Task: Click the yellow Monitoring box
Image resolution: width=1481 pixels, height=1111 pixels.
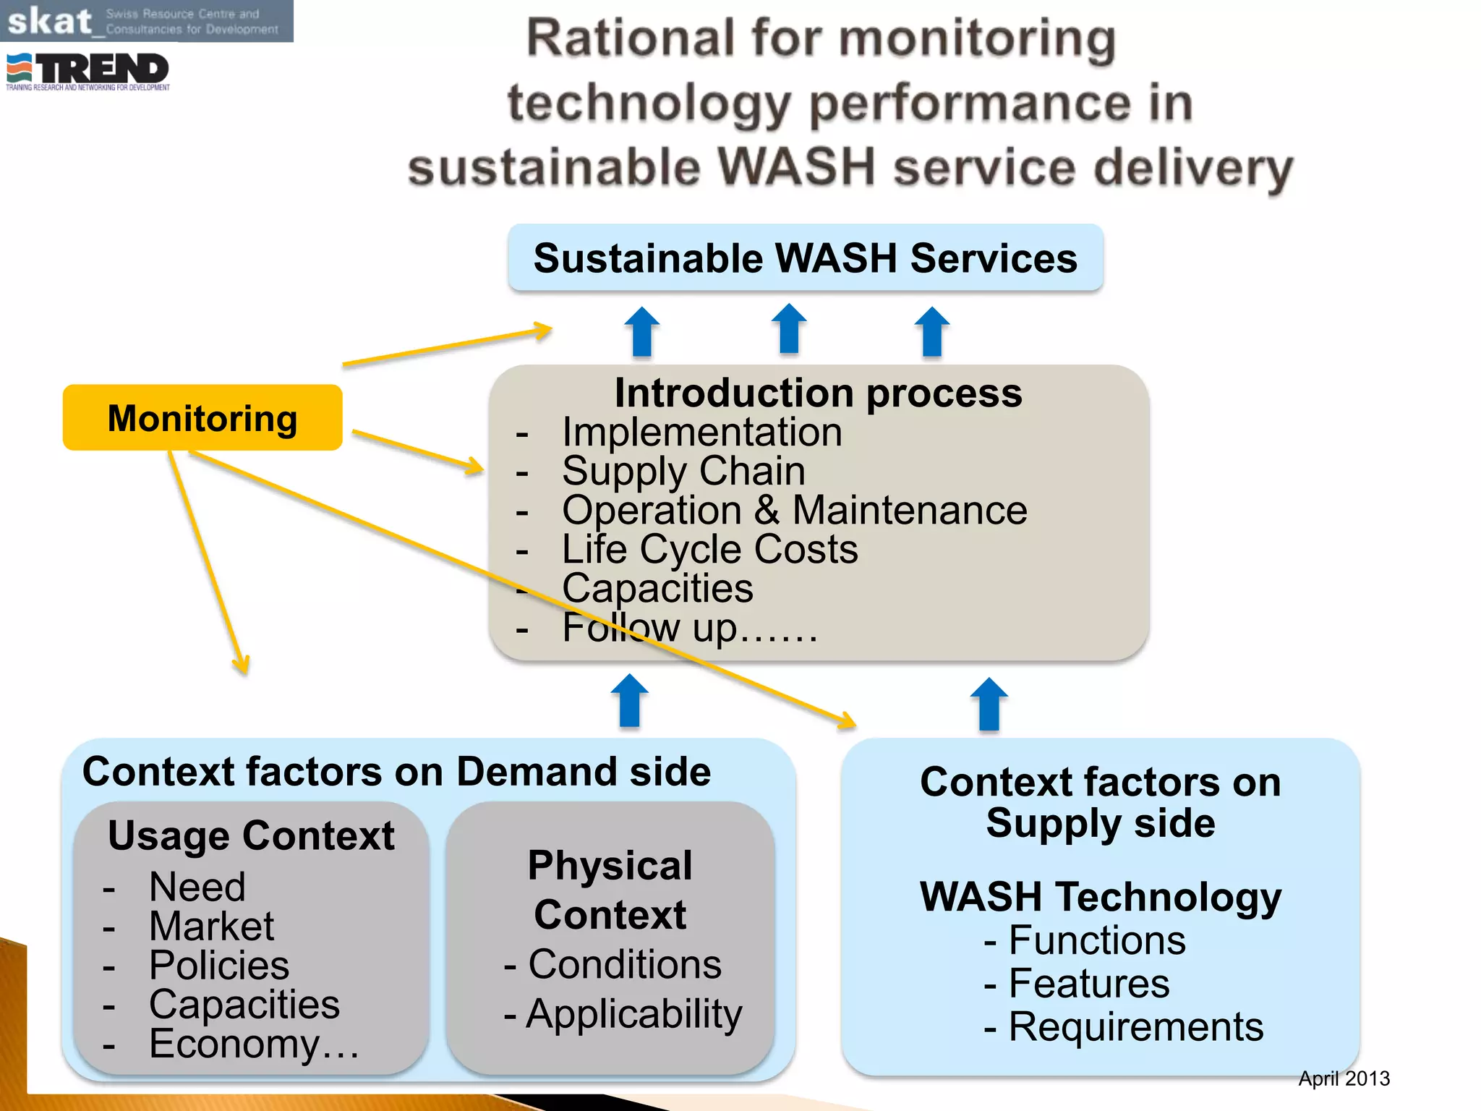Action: (x=202, y=418)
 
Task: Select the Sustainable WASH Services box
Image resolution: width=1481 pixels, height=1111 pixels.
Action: (x=805, y=258)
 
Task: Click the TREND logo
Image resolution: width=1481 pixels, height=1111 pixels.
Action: (x=88, y=71)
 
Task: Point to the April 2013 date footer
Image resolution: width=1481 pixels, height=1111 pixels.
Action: (x=1344, y=1078)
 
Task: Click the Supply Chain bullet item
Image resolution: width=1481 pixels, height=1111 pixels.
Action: (x=683, y=471)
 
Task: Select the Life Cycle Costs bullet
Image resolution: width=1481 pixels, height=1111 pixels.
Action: (x=709, y=549)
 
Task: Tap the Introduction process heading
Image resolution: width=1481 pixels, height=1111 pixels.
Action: (x=818, y=393)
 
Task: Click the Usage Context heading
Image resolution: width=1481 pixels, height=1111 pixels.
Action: (x=251, y=835)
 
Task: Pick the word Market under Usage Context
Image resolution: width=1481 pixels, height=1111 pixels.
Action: (x=211, y=926)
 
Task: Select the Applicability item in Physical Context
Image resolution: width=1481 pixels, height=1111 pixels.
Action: (x=633, y=1013)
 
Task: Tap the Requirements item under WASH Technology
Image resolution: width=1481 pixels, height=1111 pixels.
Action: (x=1135, y=1026)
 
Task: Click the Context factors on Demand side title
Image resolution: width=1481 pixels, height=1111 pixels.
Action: (x=396, y=771)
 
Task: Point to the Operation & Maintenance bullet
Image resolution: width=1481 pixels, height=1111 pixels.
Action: (x=794, y=510)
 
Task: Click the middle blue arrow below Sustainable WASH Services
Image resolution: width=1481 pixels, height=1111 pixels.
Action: (x=788, y=329)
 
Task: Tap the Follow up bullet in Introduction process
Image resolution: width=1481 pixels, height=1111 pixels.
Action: (x=689, y=628)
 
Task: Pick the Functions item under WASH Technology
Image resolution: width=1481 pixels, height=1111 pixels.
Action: (x=1096, y=940)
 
